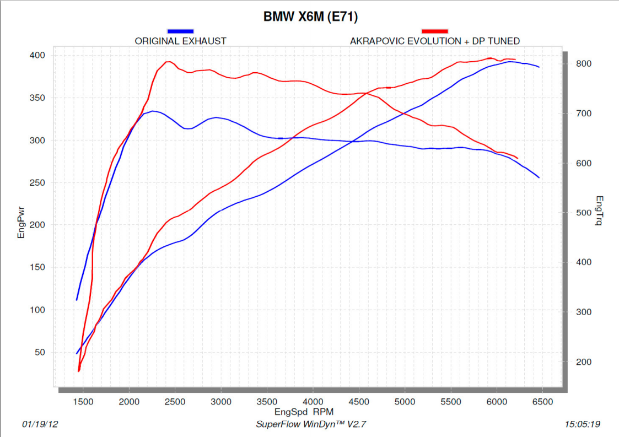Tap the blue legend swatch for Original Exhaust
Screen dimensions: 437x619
(180, 31)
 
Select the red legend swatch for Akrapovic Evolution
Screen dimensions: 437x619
(434, 31)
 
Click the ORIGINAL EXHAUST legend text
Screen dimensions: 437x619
(180, 41)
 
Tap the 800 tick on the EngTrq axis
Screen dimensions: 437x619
(583, 64)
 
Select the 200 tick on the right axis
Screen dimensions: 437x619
(583, 362)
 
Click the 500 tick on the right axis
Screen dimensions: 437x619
(583, 213)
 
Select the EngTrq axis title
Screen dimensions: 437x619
(599, 211)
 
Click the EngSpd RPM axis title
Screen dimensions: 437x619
(304, 412)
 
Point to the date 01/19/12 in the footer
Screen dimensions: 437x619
(40, 424)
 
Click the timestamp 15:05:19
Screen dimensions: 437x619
(583, 424)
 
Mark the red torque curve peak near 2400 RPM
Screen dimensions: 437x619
(168, 62)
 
